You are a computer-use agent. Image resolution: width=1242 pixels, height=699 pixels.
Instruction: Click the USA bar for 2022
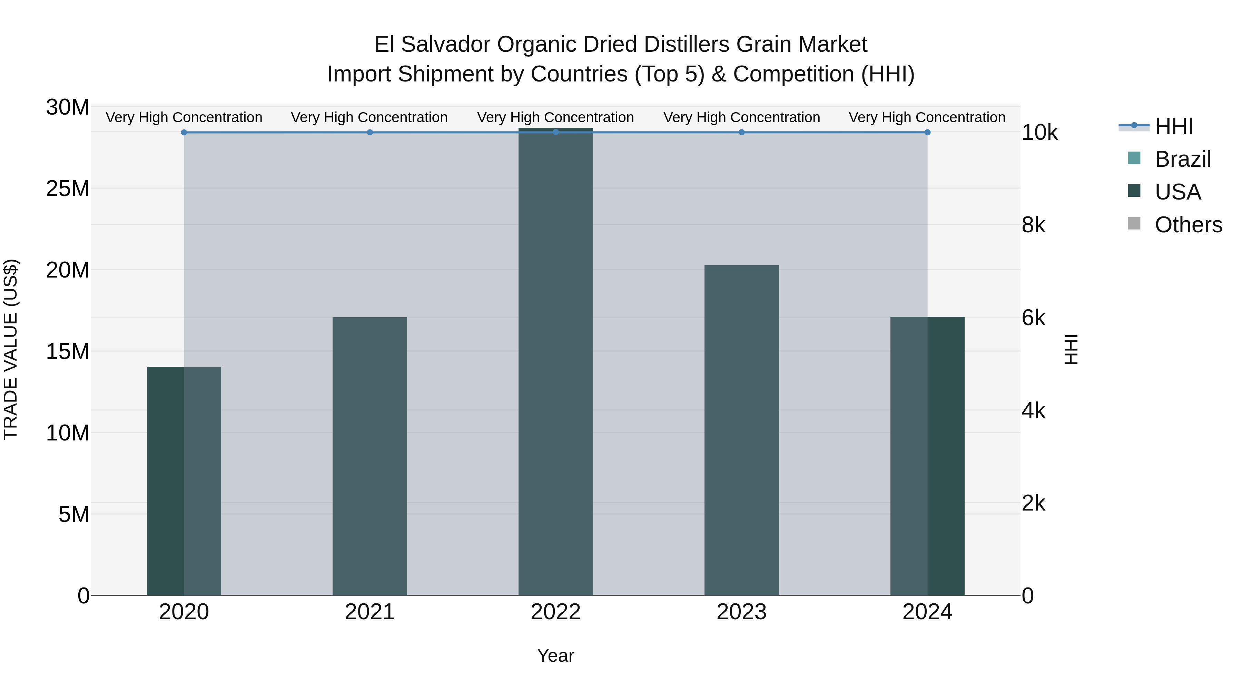click(555, 362)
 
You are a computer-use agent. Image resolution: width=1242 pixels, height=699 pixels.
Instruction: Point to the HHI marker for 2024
click(927, 132)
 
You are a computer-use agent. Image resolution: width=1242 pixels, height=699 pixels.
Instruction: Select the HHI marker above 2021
click(370, 132)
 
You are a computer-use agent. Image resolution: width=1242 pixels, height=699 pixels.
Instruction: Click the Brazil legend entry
click(1182, 159)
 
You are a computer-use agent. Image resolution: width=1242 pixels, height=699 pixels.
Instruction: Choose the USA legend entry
click(1177, 192)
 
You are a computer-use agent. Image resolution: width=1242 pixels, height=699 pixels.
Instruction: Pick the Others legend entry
click(1188, 225)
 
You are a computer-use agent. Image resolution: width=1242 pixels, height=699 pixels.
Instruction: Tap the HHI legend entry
click(1174, 126)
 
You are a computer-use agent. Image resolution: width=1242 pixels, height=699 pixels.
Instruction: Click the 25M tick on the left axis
click(68, 188)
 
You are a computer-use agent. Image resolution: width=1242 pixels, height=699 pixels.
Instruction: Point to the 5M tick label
click(74, 515)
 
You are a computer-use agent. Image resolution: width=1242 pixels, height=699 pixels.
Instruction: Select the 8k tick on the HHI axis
click(1033, 225)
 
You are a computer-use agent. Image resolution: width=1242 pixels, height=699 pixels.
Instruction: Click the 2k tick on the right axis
click(1033, 503)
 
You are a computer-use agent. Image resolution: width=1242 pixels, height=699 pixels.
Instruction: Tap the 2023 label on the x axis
click(741, 612)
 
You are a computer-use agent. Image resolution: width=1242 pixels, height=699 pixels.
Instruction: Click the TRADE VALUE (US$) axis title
click(11, 349)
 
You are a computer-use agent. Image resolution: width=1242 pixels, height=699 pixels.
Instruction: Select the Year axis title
click(555, 656)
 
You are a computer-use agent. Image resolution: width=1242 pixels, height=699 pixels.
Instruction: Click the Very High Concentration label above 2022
click(555, 117)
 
